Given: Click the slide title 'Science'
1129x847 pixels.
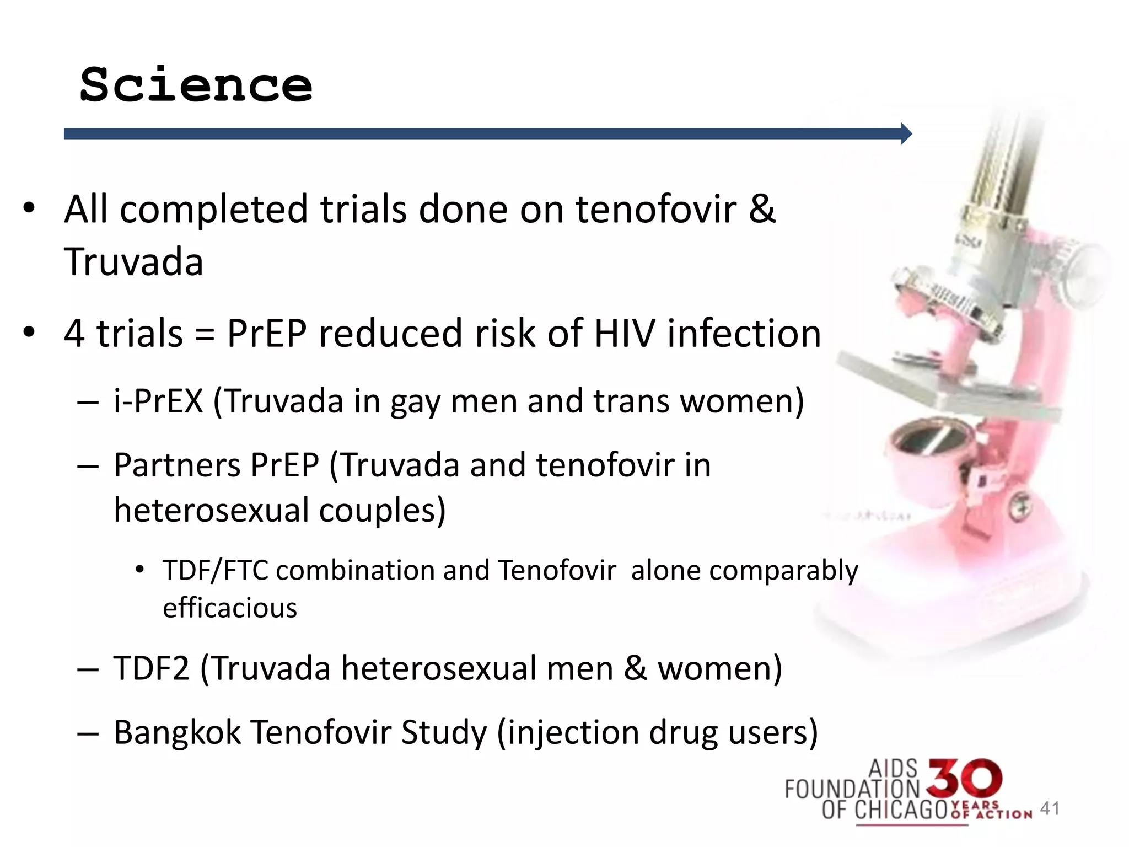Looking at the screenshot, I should [196, 85].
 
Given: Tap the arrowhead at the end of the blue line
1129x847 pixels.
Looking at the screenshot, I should [906, 133].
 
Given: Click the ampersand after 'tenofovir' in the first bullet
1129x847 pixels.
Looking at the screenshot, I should [762, 209].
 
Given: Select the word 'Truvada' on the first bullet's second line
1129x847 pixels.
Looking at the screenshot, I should [134, 261].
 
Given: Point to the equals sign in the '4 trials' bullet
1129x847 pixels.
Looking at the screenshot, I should [205, 334].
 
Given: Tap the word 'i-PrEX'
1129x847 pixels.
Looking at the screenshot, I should [159, 400].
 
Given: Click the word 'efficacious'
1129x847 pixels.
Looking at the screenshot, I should [230, 608].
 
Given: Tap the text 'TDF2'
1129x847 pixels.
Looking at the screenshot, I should [151, 668].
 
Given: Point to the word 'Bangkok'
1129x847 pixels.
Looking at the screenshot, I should [178, 732].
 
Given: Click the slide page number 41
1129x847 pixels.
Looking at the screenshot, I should [1050, 808].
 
